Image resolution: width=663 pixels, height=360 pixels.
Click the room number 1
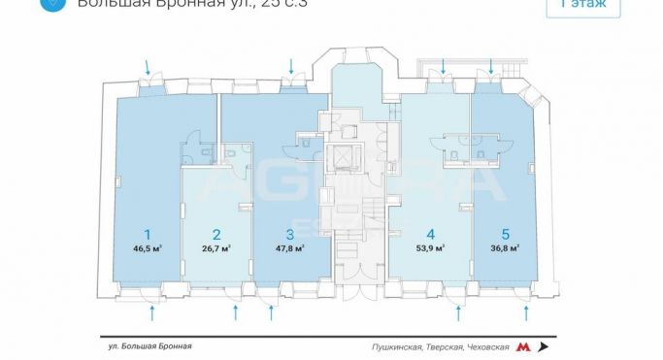pyautogui.click(x=148, y=234)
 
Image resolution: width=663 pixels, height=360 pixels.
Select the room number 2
pyautogui.click(x=216, y=234)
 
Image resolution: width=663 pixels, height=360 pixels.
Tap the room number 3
pyautogui.click(x=289, y=234)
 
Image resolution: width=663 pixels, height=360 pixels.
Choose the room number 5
pyautogui.click(x=505, y=234)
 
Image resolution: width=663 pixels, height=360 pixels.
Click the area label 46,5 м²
pyautogui.click(x=148, y=248)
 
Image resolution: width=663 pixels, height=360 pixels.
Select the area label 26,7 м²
pyautogui.click(x=216, y=248)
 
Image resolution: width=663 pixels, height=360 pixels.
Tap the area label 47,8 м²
pyautogui.click(x=290, y=248)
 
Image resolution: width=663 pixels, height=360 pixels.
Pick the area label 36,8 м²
pyautogui.click(x=505, y=248)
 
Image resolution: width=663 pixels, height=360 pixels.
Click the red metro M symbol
pyautogui.click(x=523, y=346)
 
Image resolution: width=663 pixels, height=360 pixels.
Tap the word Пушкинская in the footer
pyautogui.click(x=395, y=346)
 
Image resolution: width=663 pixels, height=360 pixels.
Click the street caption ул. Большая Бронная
pyautogui.click(x=149, y=346)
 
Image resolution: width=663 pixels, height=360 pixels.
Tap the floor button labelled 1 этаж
pyautogui.click(x=583, y=5)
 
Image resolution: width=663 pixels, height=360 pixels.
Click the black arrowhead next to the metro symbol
pyautogui.click(x=543, y=346)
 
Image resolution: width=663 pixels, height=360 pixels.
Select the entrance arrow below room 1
pyautogui.click(x=153, y=312)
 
